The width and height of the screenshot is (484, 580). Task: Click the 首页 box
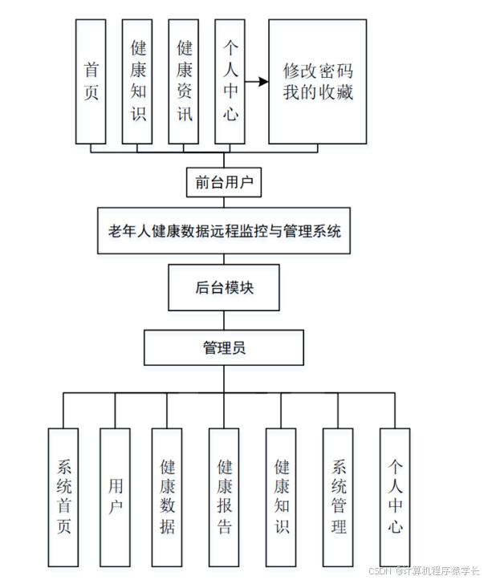(x=92, y=81)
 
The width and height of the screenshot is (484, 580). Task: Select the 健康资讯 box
(x=184, y=81)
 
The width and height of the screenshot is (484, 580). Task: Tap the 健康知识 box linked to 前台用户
(x=138, y=81)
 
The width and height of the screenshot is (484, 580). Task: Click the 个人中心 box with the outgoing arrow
(x=230, y=81)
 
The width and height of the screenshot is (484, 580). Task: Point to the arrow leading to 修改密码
(x=256, y=81)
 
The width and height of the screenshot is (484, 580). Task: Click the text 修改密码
(x=318, y=70)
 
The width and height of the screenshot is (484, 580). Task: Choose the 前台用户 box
(x=224, y=182)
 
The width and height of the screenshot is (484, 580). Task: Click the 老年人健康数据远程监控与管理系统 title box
(x=224, y=232)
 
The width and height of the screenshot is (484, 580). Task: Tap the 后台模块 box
(x=224, y=287)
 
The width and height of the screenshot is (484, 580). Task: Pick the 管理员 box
(x=224, y=347)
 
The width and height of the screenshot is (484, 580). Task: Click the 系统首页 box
(x=64, y=497)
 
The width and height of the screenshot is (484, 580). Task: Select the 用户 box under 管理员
(x=115, y=497)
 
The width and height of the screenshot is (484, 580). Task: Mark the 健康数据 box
(x=168, y=497)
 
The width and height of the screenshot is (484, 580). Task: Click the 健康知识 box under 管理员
(x=281, y=497)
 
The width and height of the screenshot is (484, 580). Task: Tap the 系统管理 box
(x=338, y=497)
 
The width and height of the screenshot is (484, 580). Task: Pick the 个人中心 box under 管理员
(x=395, y=497)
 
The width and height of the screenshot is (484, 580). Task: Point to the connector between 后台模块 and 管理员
(x=224, y=320)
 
